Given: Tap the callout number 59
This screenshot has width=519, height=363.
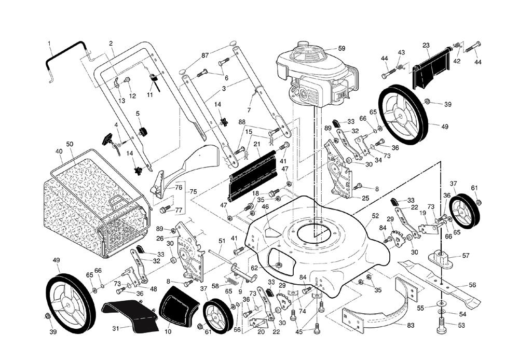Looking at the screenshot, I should [x=342, y=48].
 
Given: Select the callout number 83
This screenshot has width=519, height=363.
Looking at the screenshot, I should [x=411, y=325].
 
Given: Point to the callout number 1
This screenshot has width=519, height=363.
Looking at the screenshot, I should [x=49, y=43].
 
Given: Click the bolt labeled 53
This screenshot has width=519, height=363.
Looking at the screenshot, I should [x=441, y=327].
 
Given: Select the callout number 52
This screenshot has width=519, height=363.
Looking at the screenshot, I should [x=375, y=215].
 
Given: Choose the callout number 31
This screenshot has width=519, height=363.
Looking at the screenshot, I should [x=116, y=328].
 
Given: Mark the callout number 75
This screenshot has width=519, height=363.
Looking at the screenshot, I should [x=194, y=191].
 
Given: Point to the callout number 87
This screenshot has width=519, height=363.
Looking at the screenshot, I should [x=205, y=55].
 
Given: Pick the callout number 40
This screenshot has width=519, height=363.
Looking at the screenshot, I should [x=59, y=151].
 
